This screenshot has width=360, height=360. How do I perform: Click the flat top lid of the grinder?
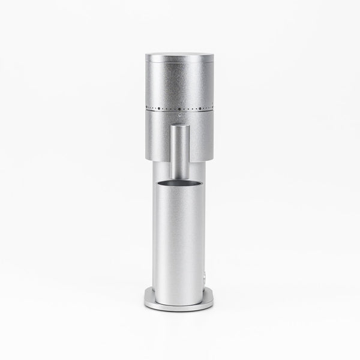(x=180, y=55)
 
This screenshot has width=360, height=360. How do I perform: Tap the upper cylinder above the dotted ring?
(x=180, y=84)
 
